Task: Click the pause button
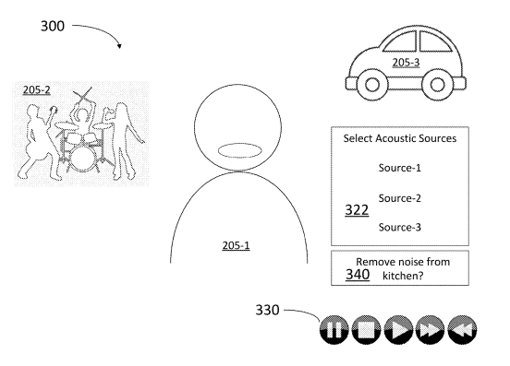334,330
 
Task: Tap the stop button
366,330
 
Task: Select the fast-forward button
430,330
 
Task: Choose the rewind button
462,330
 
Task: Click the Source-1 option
400,168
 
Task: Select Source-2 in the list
400,198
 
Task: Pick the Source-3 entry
400,227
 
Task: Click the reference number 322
357,210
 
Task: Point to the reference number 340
358,275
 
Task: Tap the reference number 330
267,310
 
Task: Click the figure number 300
53,26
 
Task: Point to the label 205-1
237,245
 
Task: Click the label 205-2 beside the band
37,89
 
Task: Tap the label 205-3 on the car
406,63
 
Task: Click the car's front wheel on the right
437,85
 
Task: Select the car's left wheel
372,85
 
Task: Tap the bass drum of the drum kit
83,159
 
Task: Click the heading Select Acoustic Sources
400,138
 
